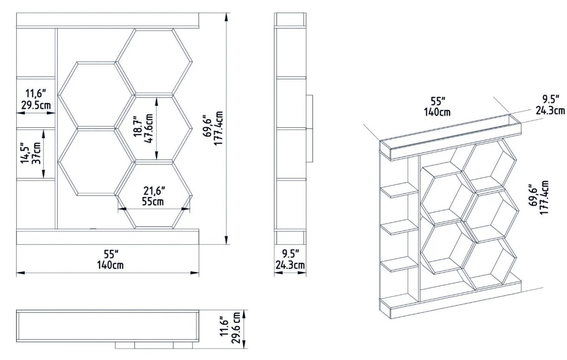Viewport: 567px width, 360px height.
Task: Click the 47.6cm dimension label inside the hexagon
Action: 149,129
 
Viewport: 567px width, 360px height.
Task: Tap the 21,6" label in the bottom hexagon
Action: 154,190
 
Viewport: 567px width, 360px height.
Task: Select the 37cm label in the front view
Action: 37,153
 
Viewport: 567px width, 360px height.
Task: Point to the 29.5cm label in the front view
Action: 36,105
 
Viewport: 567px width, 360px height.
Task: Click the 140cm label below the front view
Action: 110,265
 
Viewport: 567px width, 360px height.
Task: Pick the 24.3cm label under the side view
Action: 290,265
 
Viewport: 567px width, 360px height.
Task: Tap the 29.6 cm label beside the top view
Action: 236,327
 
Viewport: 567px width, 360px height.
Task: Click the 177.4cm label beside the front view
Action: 218,128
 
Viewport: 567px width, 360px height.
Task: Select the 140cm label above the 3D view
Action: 437,112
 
